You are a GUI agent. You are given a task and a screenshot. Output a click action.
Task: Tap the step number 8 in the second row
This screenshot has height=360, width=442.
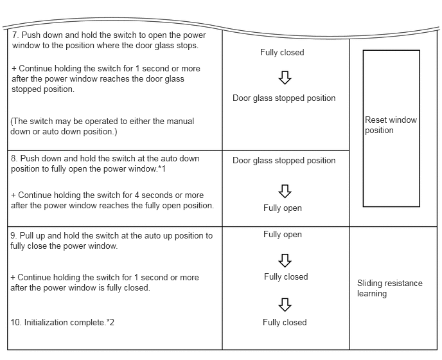[13, 159]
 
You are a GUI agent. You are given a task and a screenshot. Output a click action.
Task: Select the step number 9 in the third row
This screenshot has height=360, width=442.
[13, 236]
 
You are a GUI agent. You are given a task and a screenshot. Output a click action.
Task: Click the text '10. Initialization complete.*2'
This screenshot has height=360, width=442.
[62, 322]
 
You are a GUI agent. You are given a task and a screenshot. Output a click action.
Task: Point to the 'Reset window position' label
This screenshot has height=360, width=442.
[390, 125]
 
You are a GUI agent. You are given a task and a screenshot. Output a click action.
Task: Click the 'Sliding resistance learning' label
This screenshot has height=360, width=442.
[389, 288]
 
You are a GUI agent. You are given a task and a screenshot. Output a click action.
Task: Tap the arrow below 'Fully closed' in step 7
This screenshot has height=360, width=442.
[285, 77]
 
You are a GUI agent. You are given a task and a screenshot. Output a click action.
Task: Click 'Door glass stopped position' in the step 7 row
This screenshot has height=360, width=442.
[284, 98]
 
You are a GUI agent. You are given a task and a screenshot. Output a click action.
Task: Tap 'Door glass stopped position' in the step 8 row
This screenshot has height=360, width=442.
[284, 161]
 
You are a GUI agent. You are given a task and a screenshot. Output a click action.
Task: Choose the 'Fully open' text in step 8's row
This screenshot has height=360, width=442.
[282, 208]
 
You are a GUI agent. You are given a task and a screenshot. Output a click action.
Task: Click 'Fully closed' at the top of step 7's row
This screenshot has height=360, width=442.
[282, 53]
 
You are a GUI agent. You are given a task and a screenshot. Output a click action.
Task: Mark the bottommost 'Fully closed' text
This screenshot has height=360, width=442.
[285, 323]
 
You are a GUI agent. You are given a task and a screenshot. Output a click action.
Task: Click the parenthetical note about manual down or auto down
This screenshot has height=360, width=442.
[102, 126]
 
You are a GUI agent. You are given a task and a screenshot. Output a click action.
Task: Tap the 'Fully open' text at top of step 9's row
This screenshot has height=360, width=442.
[282, 235]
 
